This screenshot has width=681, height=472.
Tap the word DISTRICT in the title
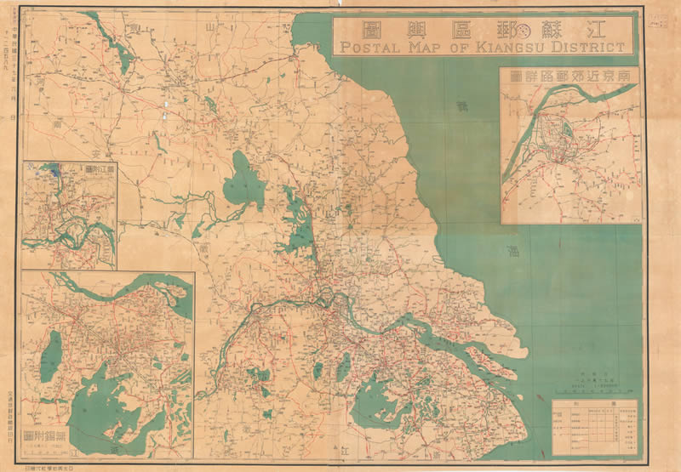(x=584, y=47)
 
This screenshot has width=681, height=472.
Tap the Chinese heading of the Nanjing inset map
(x=569, y=77)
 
